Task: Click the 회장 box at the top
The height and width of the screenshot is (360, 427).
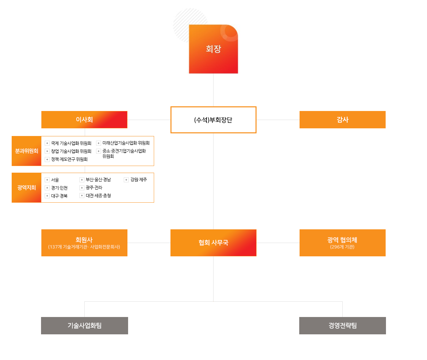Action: pyautogui.click(x=213, y=49)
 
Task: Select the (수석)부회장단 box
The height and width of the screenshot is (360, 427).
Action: pyautogui.click(x=213, y=120)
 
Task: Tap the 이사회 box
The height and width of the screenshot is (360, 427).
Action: pyautogui.click(x=84, y=120)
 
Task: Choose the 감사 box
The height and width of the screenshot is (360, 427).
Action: pyautogui.click(x=343, y=120)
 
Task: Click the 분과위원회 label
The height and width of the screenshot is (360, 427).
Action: pyautogui.click(x=27, y=151)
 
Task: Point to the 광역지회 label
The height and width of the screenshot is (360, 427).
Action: pyautogui.click(x=27, y=188)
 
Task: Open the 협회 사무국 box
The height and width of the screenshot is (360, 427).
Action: pyautogui.click(x=213, y=243)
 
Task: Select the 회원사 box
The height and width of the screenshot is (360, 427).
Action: pyautogui.click(x=84, y=243)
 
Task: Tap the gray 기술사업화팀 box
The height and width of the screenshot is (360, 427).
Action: pyautogui.click(x=84, y=326)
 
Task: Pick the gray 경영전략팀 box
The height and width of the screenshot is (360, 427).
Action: pyautogui.click(x=343, y=326)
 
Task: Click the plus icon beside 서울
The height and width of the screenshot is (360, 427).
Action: pyautogui.click(x=47, y=180)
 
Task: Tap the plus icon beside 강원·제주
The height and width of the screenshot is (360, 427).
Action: pyautogui.click(x=126, y=180)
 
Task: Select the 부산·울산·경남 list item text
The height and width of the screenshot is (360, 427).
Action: pyautogui.click(x=98, y=180)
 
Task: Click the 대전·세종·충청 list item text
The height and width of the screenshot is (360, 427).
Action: pyautogui.click(x=98, y=196)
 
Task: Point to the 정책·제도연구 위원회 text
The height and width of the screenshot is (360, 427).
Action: pyautogui.click(x=69, y=159)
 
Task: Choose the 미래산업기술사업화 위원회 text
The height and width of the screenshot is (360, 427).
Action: pyautogui.click(x=126, y=143)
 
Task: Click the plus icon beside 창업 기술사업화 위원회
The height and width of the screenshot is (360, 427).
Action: pyautogui.click(x=47, y=151)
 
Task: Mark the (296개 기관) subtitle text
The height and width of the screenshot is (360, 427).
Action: pyautogui.click(x=342, y=247)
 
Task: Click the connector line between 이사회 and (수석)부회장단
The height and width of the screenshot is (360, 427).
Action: pyautogui.click(x=149, y=120)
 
